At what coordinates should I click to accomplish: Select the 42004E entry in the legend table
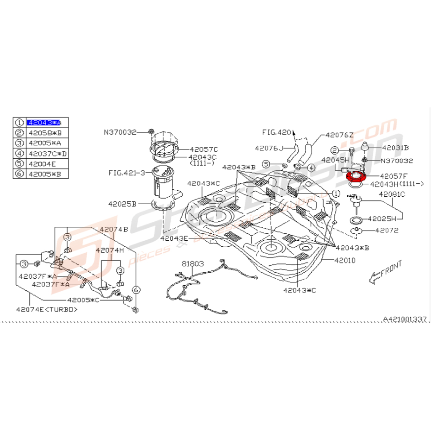[42, 163]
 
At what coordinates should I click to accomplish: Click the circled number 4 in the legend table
[19, 153]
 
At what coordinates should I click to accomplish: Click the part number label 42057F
[394, 176]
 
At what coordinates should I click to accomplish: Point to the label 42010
[343, 261]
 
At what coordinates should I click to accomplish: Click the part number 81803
[192, 263]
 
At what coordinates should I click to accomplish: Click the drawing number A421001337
[404, 319]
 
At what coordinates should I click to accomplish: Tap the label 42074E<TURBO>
[47, 309]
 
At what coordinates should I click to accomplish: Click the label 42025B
[122, 203]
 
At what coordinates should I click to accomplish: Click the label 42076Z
[339, 135]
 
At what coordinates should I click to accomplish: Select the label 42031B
[395, 148]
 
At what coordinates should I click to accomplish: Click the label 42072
[387, 230]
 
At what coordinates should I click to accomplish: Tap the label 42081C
[392, 194]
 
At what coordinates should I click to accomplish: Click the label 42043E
[174, 238]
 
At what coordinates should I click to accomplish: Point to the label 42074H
[110, 250]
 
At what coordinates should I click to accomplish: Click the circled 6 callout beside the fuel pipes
[136, 289]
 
